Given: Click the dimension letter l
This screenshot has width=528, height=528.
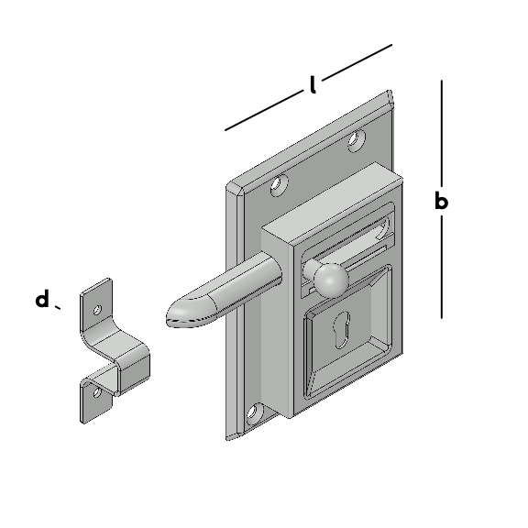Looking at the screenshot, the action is click(313, 84).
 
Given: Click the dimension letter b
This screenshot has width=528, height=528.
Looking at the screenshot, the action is click(442, 201).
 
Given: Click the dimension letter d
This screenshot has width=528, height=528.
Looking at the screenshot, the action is click(42, 299).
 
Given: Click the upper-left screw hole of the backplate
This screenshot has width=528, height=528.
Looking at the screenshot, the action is click(280, 184).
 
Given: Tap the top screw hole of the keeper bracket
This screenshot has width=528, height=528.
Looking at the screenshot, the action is click(97, 310).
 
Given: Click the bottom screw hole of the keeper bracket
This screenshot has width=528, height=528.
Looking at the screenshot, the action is click(97, 392).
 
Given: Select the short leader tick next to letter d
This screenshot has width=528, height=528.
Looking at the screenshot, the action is click(58, 307).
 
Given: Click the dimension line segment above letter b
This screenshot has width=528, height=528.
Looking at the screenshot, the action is click(442, 133).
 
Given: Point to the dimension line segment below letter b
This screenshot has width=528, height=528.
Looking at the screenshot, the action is click(442, 267).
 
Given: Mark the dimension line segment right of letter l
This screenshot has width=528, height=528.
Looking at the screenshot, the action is click(357, 62).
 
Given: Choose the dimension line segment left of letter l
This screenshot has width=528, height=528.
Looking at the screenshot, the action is click(264, 110).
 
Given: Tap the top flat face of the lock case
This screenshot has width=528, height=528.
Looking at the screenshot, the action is click(332, 203).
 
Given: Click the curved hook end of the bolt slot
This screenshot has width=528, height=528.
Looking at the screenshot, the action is click(385, 227).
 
